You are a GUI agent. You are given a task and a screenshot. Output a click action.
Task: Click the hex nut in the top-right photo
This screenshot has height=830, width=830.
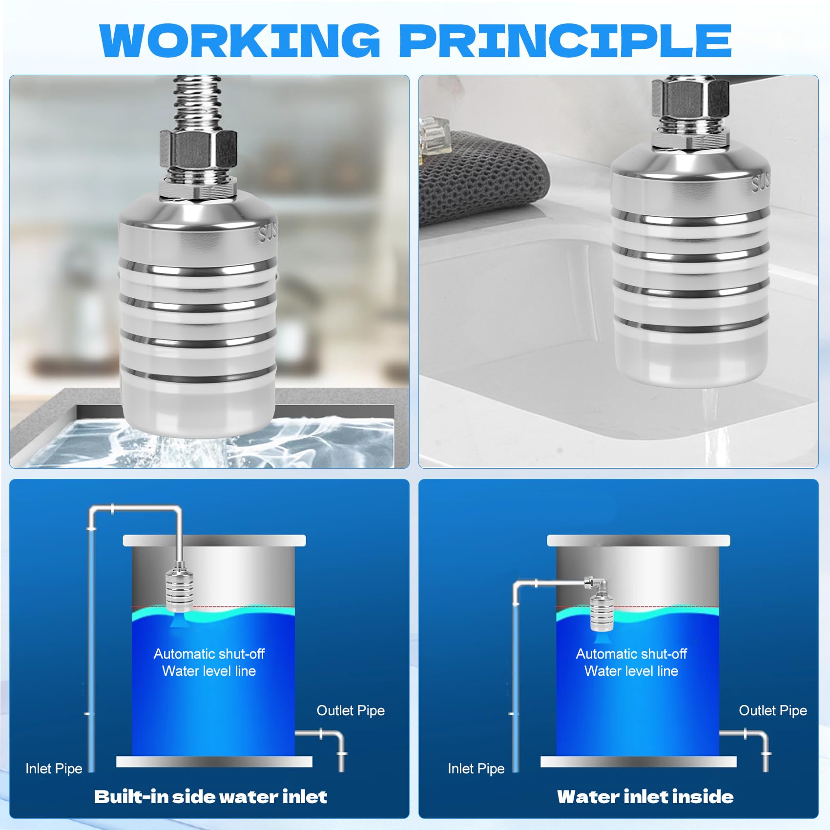[x=690, y=98]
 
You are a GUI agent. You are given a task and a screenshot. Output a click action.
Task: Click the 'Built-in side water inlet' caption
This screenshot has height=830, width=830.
[x=210, y=796]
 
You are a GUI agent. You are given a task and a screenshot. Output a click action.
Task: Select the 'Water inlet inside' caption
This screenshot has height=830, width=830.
[x=645, y=796]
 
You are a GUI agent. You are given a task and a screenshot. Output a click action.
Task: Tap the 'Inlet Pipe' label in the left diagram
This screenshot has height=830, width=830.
[x=54, y=768]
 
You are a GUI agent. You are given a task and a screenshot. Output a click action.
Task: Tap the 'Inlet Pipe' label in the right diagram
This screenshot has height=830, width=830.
[x=476, y=768]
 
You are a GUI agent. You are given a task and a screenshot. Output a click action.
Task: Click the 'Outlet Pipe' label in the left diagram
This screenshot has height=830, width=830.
[x=351, y=710]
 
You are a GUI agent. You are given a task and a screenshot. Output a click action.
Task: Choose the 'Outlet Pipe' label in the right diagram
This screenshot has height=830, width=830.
[x=773, y=710]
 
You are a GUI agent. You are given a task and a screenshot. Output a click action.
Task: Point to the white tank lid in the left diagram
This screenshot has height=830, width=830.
[x=214, y=540]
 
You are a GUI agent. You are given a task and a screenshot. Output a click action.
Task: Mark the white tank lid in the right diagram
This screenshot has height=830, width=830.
[x=639, y=540]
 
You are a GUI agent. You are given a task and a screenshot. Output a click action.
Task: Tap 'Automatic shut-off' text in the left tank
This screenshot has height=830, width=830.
[x=209, y=654]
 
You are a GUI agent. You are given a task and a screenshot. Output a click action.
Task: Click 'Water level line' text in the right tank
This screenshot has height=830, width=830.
[x=631, y=671]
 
